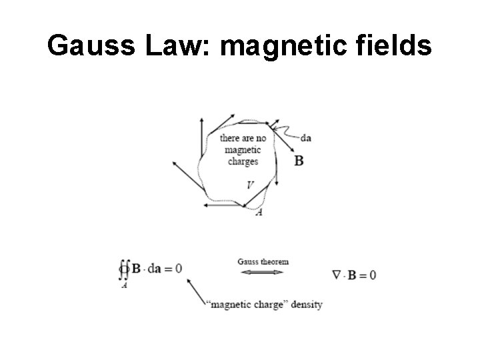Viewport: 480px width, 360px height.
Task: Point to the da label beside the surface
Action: click(307, 138)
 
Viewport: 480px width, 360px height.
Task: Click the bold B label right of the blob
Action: click(299, 161)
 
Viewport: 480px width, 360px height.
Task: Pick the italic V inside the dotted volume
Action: click(249, 185)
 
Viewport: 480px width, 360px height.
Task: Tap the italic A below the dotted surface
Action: click(259, 212)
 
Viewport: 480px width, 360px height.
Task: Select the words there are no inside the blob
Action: click(243, 139)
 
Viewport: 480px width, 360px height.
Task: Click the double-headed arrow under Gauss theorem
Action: click(262, 273)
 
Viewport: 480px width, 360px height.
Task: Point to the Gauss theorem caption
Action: click(263, 261)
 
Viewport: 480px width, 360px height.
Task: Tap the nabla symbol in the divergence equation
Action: click(336, 274)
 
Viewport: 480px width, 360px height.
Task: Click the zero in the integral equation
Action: click(178, 268)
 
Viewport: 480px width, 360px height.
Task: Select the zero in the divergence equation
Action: click(372, 275)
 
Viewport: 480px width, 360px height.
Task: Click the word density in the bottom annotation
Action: click(306, 305)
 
